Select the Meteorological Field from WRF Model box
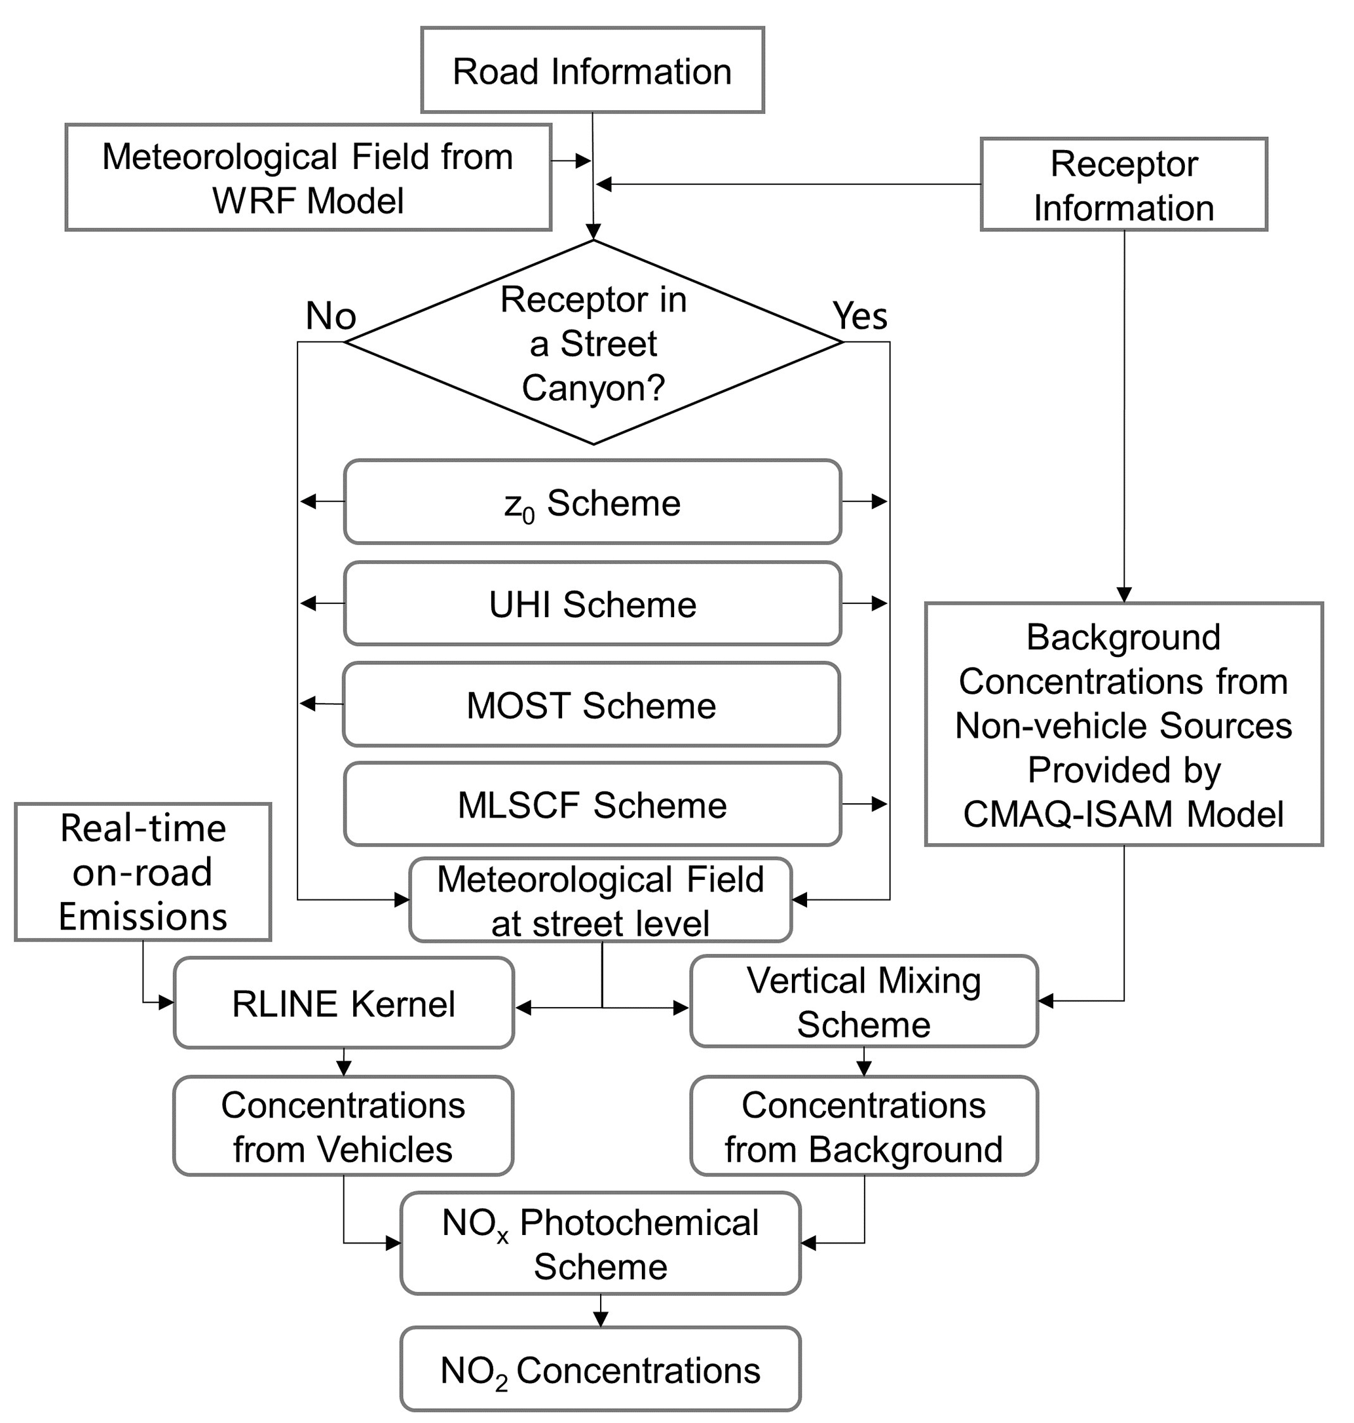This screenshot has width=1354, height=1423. [x=308, y=178]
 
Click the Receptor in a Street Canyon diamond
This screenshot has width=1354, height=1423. [x=593, y=342]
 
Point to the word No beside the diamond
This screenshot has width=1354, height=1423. [x=331, y=316]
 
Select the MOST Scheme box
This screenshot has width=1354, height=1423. [x=590, y=705]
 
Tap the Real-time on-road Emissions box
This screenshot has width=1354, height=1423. [x=143, y=872]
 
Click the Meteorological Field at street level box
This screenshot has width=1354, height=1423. [x=600, y=900]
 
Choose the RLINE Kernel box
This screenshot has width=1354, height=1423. [x=343, y=1004]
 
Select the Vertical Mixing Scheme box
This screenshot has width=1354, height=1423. [x=863, y=1002]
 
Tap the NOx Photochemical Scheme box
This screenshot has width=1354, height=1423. [x=600, y=1244]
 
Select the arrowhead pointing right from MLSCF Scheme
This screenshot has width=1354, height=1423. [x=879, y=805]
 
